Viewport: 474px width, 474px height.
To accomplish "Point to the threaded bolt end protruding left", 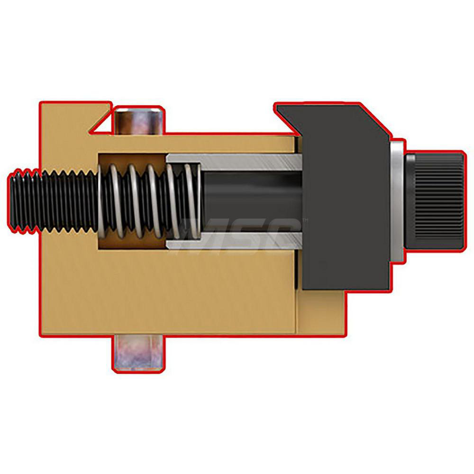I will coord(47,201).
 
